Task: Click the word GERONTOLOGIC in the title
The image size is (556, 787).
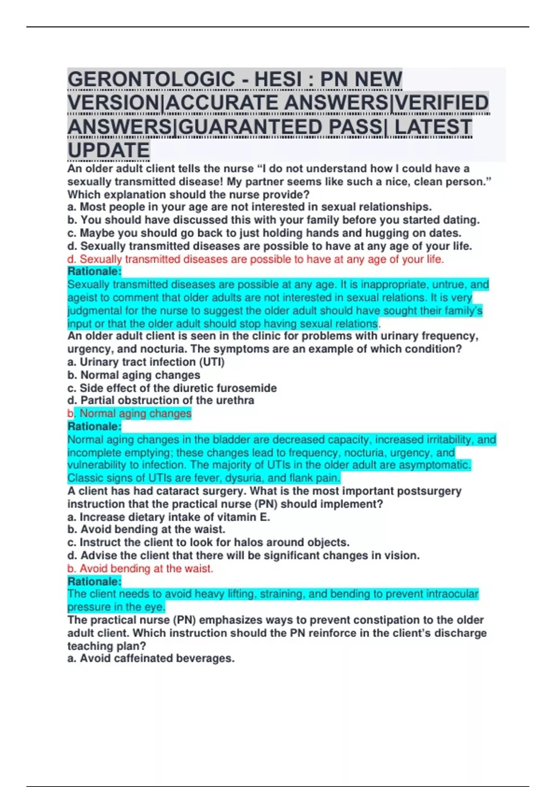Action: click(x=151, y=79)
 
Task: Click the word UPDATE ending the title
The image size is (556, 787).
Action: click(x=108, y=151)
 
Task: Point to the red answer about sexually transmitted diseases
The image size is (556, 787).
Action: click(x=255, y=259)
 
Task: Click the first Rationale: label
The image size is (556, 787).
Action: click(x=95, y=271)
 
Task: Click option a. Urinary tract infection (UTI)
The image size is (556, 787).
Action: click(x=146, y=362)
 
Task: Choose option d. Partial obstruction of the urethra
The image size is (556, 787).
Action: click(x=161, y=400)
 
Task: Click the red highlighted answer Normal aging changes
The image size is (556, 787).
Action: click(x=135, y=413)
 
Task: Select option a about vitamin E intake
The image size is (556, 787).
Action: click(x=169, y=517)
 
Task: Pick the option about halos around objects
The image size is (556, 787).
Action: click(x=208, y=543)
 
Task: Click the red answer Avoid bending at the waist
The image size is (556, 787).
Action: click(x=140, y=568)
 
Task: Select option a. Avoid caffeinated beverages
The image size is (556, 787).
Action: click(x=151, y=658)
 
